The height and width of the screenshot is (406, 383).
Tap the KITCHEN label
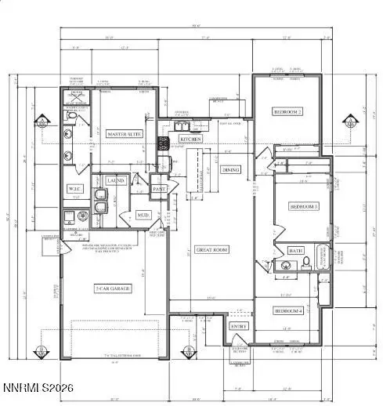pos(191,139)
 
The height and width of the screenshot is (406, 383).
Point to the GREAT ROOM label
pos(211,249)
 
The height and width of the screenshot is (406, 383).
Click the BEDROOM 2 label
pos(287,112)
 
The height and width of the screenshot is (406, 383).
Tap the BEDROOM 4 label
pos(287,311)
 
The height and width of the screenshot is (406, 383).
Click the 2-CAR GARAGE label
pos(112,288)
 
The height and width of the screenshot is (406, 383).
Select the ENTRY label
pos(237,325)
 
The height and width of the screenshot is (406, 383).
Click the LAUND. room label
pos(116,181)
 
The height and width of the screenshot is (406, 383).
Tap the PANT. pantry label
pos(159,189)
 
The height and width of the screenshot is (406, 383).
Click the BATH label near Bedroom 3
pos(296,251)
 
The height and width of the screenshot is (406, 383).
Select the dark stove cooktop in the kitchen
pos(164,143)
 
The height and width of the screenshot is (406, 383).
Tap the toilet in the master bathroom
pos(70,118)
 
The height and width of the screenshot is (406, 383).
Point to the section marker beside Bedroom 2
pos(351,123)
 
